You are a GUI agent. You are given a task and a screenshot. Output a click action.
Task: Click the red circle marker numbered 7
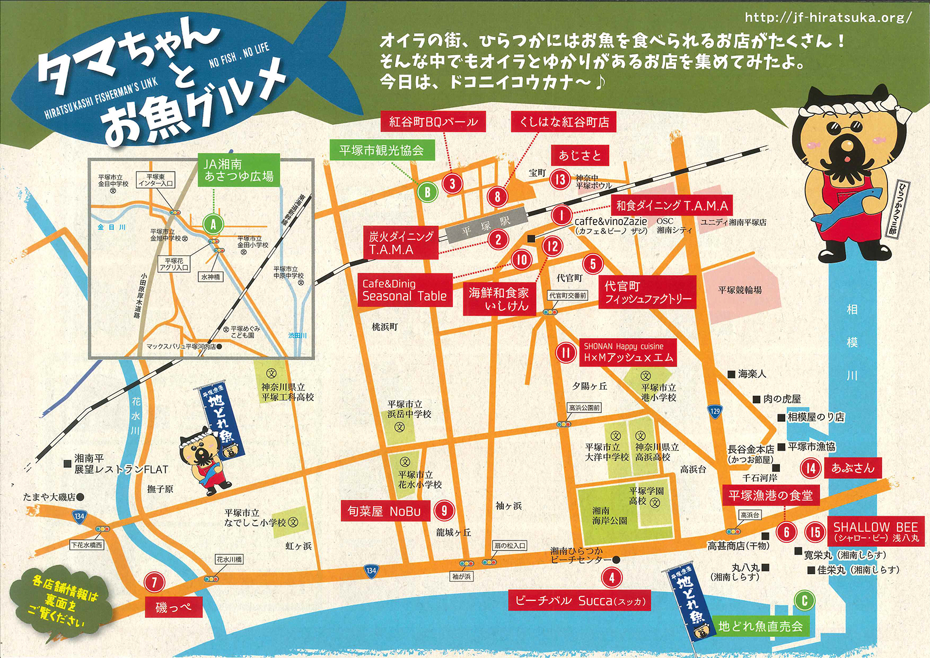[154, 582]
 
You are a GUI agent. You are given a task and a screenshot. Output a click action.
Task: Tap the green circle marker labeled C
[804, 600]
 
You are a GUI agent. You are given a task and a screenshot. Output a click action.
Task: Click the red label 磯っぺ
[173, 607]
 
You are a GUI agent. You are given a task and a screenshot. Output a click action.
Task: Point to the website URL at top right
[828, 17]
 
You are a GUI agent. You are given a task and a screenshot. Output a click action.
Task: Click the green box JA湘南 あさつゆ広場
[238, 170]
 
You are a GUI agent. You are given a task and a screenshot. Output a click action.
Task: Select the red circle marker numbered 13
[560, 179]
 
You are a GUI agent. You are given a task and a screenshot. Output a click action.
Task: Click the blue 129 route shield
[715, 411]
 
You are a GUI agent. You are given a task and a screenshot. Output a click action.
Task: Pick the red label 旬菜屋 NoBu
[384, 511]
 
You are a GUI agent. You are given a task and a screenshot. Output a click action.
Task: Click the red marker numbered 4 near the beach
[611, 578]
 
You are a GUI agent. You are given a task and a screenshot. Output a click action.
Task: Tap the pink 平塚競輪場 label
[739, 290]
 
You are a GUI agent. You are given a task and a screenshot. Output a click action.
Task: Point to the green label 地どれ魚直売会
[760, 626]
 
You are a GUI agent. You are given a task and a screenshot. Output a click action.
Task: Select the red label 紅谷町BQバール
[433, 122]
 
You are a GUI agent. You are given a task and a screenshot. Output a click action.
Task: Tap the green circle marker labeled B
[427, 191]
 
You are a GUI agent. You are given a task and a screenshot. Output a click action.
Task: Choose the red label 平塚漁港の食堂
[771, 495]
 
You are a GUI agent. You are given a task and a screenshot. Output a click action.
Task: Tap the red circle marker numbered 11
[566, 353]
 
